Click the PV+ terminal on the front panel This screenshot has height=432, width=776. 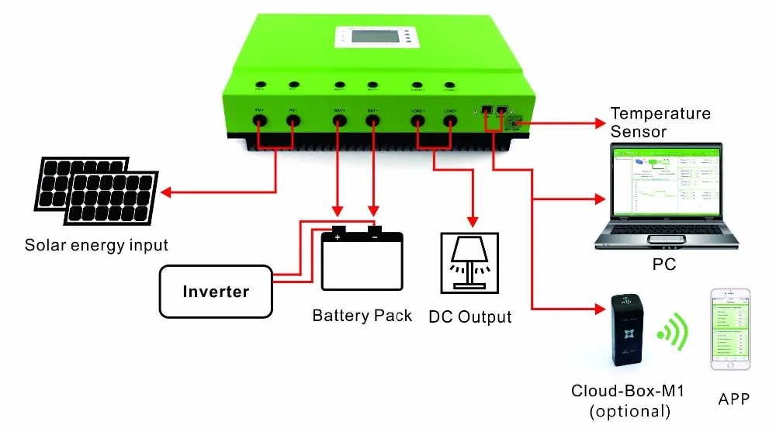260,120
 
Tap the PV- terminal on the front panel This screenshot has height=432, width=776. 293,120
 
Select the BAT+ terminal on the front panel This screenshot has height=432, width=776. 339,120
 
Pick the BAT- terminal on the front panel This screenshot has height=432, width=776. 373,120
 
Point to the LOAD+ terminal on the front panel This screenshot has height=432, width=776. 417,120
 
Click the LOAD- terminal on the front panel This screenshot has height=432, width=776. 450,120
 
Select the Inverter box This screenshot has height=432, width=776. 216,292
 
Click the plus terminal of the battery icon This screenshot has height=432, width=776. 338,230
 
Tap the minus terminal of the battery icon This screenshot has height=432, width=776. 374,230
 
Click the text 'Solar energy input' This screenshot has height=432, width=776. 96,245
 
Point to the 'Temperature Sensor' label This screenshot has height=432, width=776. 660,123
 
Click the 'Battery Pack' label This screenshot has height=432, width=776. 362,316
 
